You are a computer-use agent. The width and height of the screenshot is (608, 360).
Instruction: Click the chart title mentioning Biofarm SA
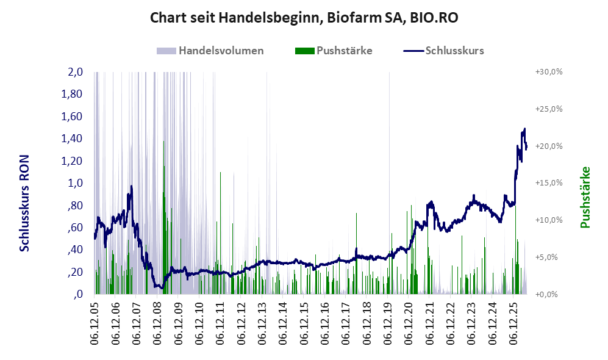(304, 18)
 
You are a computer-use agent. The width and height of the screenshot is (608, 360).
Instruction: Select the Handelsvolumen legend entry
(210, 51)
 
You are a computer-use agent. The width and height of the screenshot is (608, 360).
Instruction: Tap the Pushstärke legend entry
(334, 51)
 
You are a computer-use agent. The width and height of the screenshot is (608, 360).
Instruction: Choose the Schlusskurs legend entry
(443, 51)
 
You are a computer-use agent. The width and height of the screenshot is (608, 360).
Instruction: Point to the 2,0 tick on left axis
(75, 72)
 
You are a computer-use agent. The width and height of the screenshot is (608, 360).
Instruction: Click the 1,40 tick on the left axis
(72, 139)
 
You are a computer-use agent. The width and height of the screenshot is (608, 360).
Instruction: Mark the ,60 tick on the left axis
(75, 228)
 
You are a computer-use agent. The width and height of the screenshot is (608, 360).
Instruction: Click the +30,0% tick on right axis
(549, 72)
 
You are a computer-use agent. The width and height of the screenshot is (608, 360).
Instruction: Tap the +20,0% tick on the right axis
(549, 146)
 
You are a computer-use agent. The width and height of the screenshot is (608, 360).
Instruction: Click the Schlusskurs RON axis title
(24, 203)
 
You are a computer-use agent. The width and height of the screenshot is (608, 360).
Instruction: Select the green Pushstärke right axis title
(585, 198)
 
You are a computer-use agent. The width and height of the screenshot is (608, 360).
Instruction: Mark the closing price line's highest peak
(524, 128)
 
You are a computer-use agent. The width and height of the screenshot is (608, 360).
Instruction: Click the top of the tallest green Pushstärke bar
(163, 141)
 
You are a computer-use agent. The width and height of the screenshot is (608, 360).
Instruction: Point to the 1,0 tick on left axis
(75, 183)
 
